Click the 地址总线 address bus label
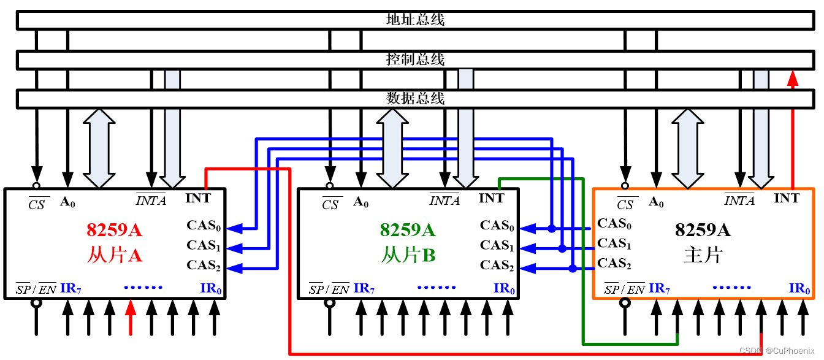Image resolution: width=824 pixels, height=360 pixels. tap(415, 20)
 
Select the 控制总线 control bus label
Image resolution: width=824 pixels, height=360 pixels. tap(415, 59)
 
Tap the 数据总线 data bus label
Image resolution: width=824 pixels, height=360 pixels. tap(415, 98)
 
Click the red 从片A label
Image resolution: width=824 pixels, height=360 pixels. tap(114, 255)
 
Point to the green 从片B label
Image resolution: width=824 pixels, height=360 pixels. tap(408, 255)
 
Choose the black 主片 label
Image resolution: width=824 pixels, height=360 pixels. tap(703, 255)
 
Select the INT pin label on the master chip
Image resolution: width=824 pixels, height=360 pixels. tap(787, 198)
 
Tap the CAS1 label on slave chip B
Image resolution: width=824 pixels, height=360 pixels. tap(496, 246)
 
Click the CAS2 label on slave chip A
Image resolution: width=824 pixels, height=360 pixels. tap(203, 266)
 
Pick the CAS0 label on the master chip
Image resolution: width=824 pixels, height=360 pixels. tap(614, 224)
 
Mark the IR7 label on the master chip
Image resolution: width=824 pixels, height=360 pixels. tap(659, 288)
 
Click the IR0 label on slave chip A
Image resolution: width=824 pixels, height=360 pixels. tap(210, 288)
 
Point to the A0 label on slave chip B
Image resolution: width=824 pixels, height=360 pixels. tap(361, 202)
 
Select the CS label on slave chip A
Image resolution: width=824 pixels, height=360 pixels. tap(37, 204)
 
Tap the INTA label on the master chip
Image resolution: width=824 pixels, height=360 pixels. tap(739, 201)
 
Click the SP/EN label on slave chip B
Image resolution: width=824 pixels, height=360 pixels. tap(329, 289)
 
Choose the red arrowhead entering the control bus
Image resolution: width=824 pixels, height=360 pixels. tap(793, 78)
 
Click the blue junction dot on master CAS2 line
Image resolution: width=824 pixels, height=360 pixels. tap(572, 269)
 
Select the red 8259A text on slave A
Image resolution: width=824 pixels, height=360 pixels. tap(114, 231)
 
